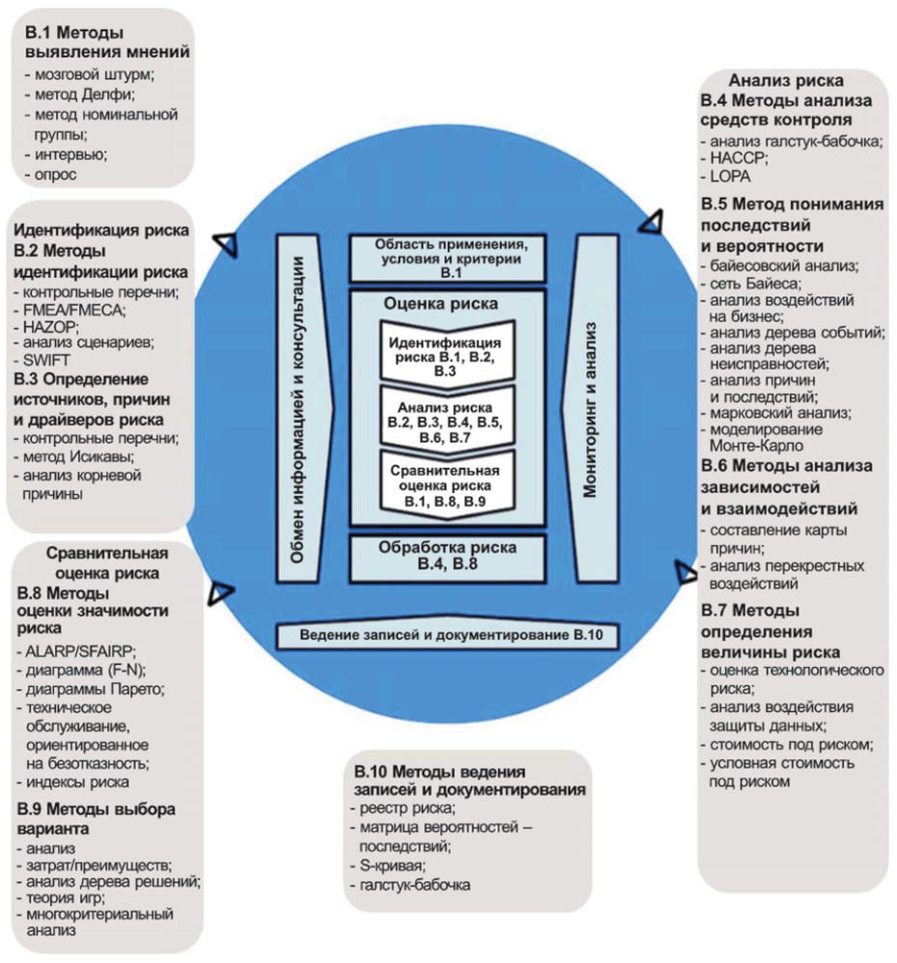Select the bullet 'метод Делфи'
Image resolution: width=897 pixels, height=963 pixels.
point(83,94)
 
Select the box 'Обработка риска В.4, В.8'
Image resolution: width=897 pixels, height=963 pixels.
point(448,558)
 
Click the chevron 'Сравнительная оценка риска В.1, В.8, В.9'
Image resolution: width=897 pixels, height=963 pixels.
point(448,488)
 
